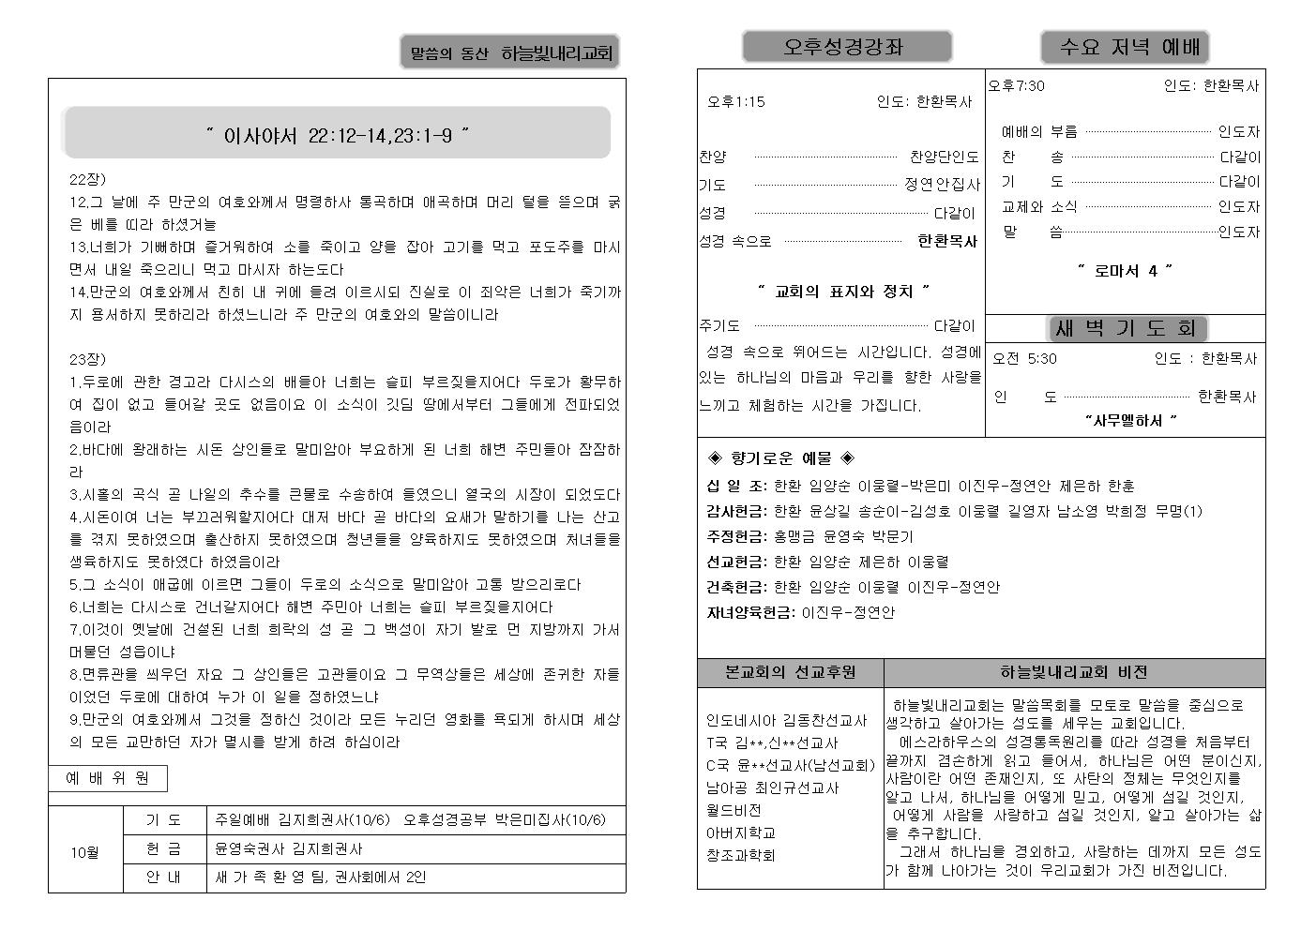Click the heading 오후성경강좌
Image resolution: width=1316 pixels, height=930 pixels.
[846, 47]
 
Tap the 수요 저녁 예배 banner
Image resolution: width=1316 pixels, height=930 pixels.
[1124, 47]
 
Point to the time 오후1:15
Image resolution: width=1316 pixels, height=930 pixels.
[736, 101]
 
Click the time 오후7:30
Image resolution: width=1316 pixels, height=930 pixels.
[1017, 86]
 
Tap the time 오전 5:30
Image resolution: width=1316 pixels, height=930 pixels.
[1025, 358]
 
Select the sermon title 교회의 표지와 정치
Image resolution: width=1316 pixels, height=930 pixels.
[842, 292]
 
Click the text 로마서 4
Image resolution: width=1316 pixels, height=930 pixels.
[1125, 271]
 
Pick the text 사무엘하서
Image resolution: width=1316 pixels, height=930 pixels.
[1130, 420]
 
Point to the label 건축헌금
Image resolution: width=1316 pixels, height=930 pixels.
[735, 587]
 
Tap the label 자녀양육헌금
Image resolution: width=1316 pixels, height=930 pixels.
[749, 612]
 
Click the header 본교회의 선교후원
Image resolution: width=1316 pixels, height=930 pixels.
[791, 672]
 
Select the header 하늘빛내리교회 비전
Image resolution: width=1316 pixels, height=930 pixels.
[1073, 672]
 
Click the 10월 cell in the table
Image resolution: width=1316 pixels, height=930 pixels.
[85, 852]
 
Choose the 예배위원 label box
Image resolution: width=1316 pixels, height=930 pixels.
[108, 778]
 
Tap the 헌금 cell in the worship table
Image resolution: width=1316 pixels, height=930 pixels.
[164, 848]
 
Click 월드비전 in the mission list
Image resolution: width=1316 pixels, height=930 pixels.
[734, 810]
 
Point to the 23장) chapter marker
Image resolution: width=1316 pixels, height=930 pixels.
[88, 359]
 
